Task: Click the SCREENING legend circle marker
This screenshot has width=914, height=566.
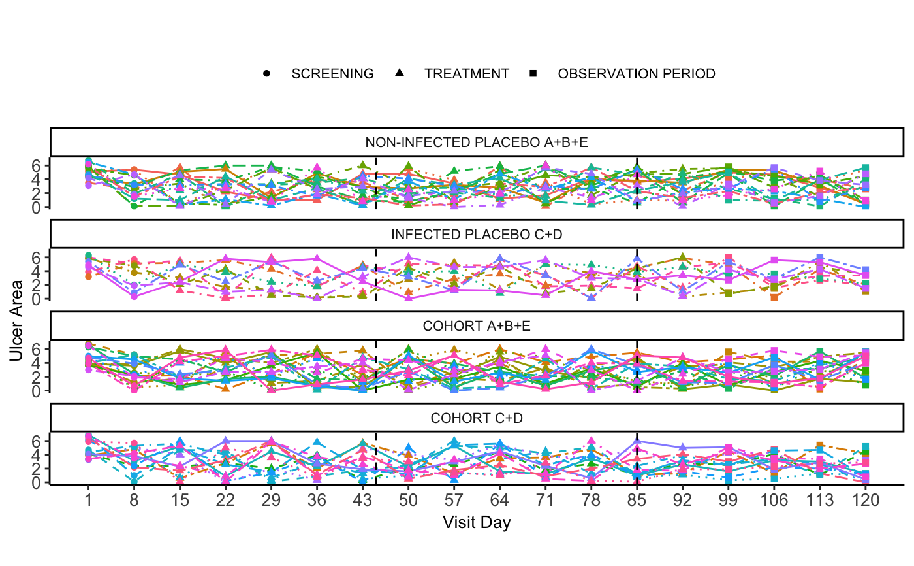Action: click(x=266, y=74)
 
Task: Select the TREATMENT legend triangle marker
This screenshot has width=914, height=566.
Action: click(x=399, y=73)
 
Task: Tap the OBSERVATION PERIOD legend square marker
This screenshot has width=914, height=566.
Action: click(x=533, y=74)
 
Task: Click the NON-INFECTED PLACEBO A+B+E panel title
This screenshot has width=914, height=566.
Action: click(x=476, y=142)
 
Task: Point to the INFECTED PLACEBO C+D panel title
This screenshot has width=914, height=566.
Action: click(x=476, y=235)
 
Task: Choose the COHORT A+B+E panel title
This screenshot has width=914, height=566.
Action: click(x=476, y=326)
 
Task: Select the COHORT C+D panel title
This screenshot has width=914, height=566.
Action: click(x=476, y=418)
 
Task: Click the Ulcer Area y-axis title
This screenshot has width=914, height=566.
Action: click(x=16, y=320)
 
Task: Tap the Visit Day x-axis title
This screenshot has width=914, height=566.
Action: click(x=476, y=523)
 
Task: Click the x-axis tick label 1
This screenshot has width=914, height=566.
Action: click(x=88, y=501)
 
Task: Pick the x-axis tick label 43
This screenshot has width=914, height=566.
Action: click(x=362, y=501)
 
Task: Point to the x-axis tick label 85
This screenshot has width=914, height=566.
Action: click(x=637, y=501)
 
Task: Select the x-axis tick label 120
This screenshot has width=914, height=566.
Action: click(x=865, y=501)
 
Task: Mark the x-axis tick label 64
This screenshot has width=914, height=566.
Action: click(x=499, y=501)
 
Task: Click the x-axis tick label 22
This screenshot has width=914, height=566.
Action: click(x=225, y=501)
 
